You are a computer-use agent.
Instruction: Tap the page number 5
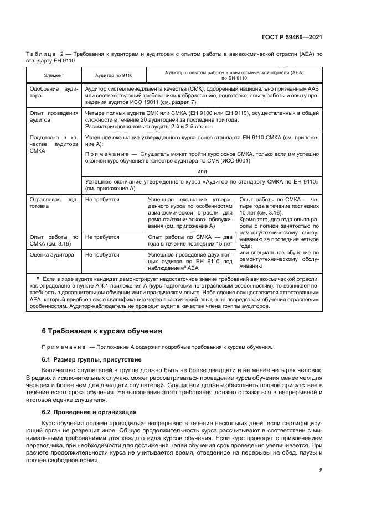(321, 471)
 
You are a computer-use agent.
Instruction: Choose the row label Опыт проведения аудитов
(53, 116)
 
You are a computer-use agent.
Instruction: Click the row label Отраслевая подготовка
(53, 202)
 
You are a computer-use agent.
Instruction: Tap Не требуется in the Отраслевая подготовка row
(102, 198)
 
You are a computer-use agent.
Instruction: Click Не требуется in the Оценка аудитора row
(102, 255)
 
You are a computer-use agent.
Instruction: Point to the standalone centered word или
(202, 171)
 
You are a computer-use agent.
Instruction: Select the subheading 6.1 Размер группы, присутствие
(84, 359)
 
